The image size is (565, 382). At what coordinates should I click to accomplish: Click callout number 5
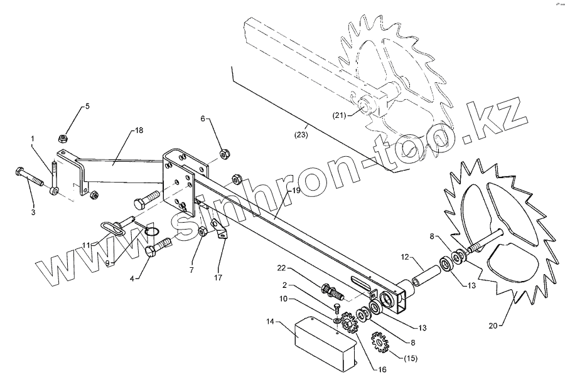coord(87,106)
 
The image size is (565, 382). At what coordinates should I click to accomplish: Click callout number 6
coord(203,118)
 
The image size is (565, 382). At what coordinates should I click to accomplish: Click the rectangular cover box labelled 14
coord(323,340)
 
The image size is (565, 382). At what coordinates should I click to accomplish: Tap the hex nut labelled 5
coord(63,137)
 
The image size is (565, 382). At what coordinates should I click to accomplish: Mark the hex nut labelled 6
coord(223,153)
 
